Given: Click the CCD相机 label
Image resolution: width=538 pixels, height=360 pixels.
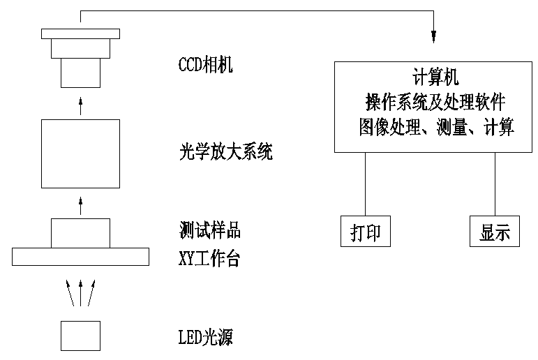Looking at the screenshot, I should (x=206, y=66).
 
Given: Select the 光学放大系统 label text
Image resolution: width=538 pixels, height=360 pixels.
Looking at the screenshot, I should (x=225, y=151).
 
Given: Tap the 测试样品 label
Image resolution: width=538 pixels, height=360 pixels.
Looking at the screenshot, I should (x=210, y=230).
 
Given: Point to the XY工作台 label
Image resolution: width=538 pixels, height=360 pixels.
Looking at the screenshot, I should (x=209, y=259).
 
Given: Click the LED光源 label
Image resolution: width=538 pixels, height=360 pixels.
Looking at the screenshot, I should (x=205, y=338).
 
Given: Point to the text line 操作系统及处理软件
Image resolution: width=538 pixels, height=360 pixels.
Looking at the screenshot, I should (x=434, y=102).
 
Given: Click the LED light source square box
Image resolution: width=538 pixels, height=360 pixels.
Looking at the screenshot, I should (x=80, y=335).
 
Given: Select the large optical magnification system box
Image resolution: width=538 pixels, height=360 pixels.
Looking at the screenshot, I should (x=80, y=153).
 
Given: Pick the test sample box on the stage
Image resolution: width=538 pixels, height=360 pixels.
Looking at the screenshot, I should (x=80, y=233).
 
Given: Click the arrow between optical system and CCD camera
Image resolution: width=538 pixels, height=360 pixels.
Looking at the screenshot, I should (x=80, y=106).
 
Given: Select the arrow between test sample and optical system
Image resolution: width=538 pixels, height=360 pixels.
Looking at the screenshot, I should (x=80, y=205).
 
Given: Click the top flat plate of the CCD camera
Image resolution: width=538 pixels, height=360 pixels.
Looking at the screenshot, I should (x=80, y=33).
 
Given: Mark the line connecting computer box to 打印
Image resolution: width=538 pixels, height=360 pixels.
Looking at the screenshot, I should (x=366, y=185).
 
